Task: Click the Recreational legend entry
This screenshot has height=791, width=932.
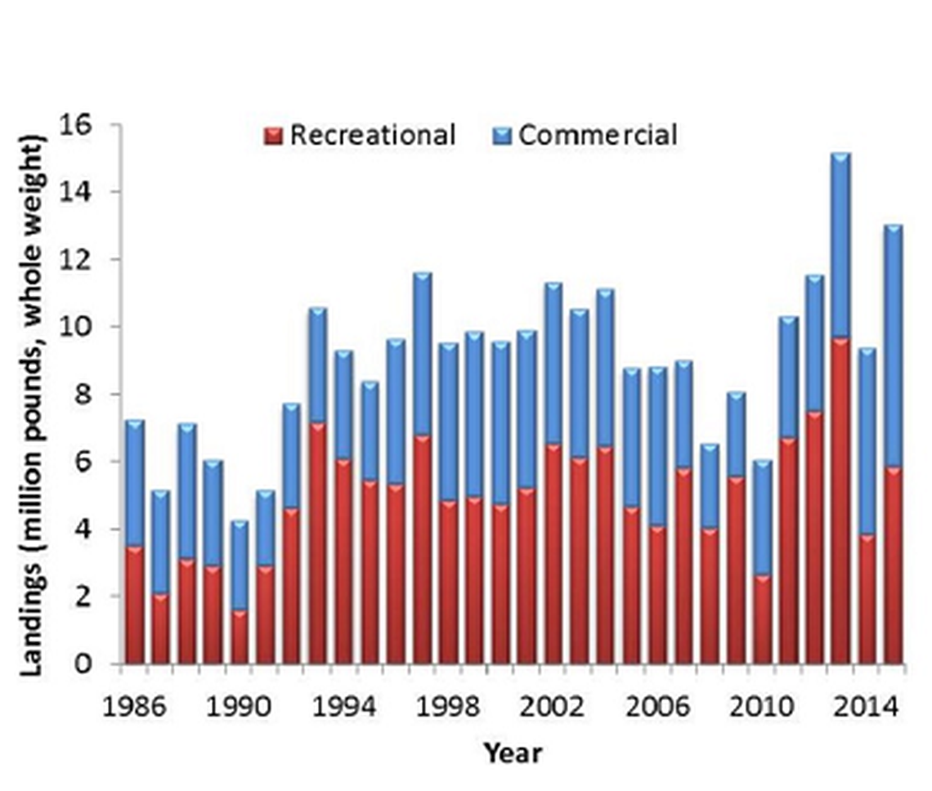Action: click(361, 135)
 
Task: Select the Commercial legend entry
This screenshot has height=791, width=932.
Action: click(586, 135)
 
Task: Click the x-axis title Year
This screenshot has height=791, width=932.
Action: click(512, 753)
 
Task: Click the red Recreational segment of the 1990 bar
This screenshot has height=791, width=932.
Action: click(240, 637)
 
